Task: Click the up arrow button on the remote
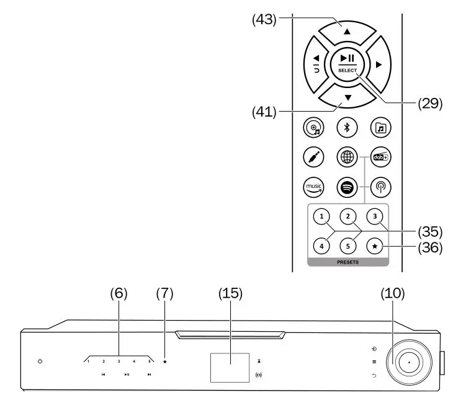[x=347, y=31]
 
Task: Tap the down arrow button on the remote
[x=347, y=98]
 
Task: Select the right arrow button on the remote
[x=378, y=64]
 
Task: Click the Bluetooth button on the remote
[x=347, y=128]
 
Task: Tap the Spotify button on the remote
[x=347, y=185]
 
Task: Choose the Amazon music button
[x=313, y=185]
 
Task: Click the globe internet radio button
[x=347, y=157]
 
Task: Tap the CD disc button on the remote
[x=313, y=128]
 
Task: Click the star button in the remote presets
[x=374, y=245]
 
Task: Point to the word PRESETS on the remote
[x=347, y=262]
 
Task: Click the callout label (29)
[x=429, y=104]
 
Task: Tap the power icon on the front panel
[x=40, y=361]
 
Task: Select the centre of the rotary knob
[x=410, y=363]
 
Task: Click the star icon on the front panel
[x=165, y=361]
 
